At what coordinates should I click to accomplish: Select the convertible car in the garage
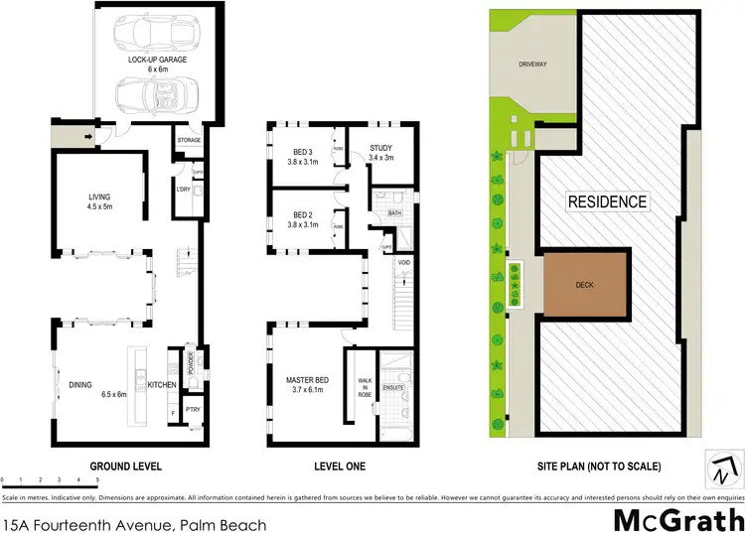pos(149,95)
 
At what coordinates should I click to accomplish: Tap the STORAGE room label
pos(189,141)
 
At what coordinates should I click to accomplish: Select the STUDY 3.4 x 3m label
pos(381,152)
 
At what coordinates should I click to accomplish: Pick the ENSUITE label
pos(393,387)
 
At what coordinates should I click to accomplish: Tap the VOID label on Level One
pos(403,263)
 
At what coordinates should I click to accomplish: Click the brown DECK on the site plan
pos(585,283)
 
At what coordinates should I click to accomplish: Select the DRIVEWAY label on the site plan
pos(532,65)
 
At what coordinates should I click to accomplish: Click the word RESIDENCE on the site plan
pos(607,202)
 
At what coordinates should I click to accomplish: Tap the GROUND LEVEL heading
pos(126,466)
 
